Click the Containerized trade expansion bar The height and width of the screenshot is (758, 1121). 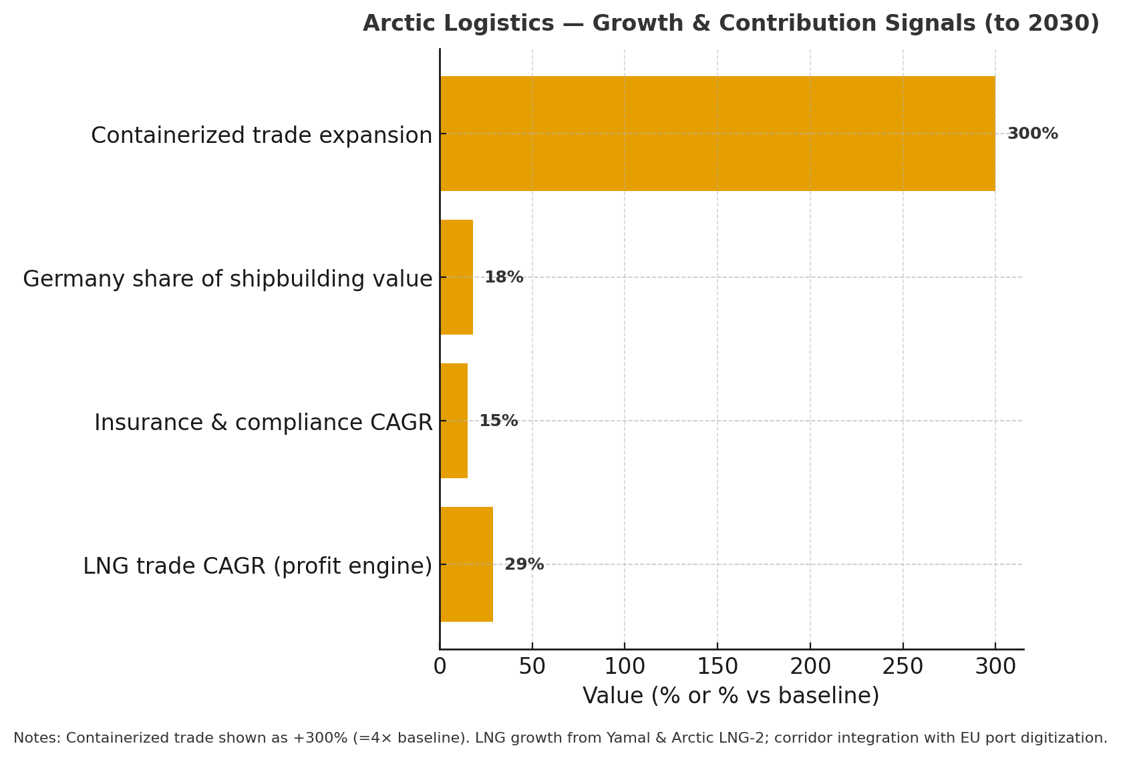tap(717, 134)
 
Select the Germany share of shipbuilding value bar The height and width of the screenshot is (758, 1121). tap(456, 277)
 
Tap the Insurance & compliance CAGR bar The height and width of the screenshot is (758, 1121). tap(454, 421)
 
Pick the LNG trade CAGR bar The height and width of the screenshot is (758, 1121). tap(466, 564)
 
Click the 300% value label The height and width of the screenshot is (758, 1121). tap(1032, 134)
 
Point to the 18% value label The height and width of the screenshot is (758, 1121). tap(504, 277)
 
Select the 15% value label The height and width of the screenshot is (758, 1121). tap(498, 421)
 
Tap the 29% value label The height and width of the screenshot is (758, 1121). tap(524, 564)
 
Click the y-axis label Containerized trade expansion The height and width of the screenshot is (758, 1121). tap(261, 136)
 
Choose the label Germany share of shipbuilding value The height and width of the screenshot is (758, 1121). tap(227, 279)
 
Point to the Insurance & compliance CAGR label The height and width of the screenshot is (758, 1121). tap(263, 423)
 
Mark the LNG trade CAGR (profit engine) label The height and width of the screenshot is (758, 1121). tap(257, 566)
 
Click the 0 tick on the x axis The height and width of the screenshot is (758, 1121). tap(440, 667)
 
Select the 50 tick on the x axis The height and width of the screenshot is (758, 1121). tap(532, 667)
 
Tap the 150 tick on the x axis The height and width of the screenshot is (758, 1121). tap(717, 667)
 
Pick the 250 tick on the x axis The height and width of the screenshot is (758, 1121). tap(903, 667)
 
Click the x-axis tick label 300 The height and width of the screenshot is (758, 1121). tap(995, 667)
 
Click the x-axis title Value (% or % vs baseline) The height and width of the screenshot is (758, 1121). tap(731, 696)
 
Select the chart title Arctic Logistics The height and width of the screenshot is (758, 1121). tap(731, 23)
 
